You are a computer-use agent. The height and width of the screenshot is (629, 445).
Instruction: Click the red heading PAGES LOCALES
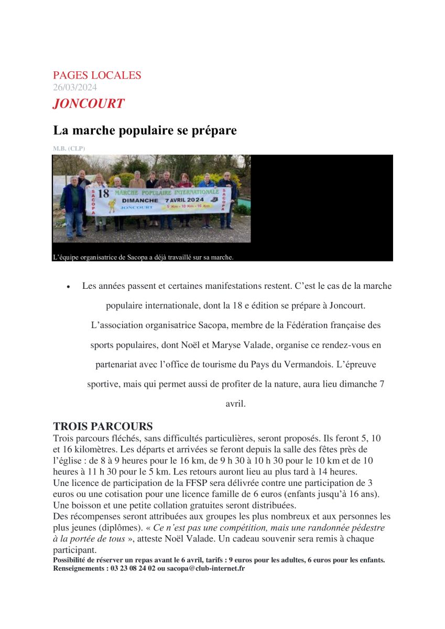click(97, 75)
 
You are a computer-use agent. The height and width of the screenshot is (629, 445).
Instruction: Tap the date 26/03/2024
click(75, 88)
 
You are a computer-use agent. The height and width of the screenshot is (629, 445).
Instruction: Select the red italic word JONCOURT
click(89, 103)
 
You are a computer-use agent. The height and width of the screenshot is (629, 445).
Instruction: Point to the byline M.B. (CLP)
click(69, 148)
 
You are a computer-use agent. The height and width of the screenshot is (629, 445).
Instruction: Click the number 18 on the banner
click(103, 193)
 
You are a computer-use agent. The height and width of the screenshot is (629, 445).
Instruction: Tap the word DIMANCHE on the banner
click(140, 200)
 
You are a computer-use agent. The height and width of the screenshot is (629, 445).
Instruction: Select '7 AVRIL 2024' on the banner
click(184, 200)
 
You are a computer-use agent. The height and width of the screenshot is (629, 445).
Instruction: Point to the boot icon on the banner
click(214, 200)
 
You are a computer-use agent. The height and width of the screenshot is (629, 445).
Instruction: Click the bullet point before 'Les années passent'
click(68, 287)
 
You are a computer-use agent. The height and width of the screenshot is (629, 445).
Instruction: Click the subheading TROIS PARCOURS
click(103, 426)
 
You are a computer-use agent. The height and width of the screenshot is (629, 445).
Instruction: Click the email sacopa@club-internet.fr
click(212, 568)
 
